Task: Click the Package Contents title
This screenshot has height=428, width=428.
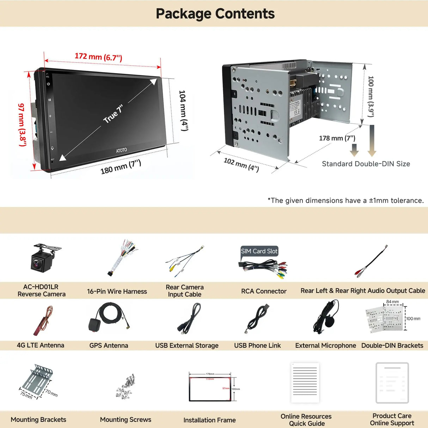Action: [x=215, y=14]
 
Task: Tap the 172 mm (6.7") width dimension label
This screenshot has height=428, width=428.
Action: [x=98, y=56]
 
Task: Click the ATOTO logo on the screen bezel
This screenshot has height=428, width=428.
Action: [x=122, y=151]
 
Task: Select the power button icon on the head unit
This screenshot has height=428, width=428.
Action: [x=48, y=84]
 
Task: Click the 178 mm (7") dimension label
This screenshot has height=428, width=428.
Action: [x=337, y=138]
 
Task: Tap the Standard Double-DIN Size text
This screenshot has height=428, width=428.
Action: [x=366, y=164]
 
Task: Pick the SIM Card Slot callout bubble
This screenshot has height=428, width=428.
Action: [x=259, y=251]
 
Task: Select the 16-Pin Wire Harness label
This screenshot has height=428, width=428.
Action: [x=117, y=292]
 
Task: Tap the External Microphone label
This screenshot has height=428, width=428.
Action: [x=325, y=346]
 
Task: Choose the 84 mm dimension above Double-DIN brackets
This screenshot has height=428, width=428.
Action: [x=392, y=302]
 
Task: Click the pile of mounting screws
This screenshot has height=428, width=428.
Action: [x=126, y=386]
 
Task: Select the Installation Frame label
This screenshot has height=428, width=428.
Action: [x=209, y=420]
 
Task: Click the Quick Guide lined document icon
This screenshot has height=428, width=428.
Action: [x=305, y=383]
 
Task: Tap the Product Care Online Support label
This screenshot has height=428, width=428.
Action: [x=392, y=420]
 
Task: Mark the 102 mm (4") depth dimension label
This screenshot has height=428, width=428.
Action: [x=241, y=164]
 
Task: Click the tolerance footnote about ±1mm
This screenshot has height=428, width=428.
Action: [x=346, y=201]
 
